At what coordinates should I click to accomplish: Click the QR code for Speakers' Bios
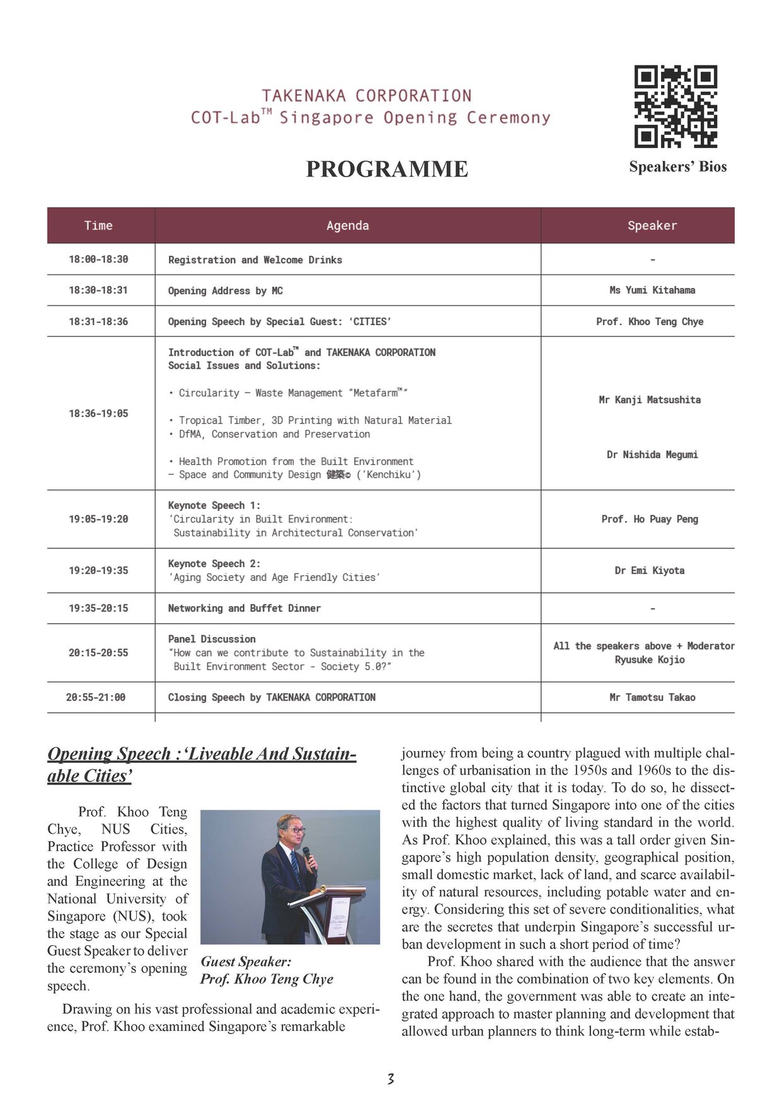click(676, 106)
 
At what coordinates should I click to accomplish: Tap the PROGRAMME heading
click(387, 169)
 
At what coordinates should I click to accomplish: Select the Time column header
click(98, 226)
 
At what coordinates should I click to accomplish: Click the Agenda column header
click(348, 226)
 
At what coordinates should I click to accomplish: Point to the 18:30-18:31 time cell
click(98, 290)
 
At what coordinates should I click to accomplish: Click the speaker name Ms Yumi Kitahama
click(652, 290)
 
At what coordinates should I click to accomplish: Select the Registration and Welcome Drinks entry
click(255, 260)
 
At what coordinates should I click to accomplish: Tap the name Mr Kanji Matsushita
click(650, 400)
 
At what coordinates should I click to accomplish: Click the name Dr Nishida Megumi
click(652, 455)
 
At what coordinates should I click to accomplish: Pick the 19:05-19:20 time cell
click(98, 519)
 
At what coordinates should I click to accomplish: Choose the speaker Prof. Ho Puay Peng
click(650, 519)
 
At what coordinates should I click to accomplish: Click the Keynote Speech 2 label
click(214, 564)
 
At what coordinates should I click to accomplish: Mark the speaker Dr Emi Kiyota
click(650, 571)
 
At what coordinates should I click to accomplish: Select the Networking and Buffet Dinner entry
click(244, 609)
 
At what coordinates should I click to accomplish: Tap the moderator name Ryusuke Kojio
click(650, 660)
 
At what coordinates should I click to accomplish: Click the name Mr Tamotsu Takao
click(652, 698)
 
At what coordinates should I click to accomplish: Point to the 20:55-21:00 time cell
click(96, 698)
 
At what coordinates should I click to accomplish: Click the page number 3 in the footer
click(391, 1079)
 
